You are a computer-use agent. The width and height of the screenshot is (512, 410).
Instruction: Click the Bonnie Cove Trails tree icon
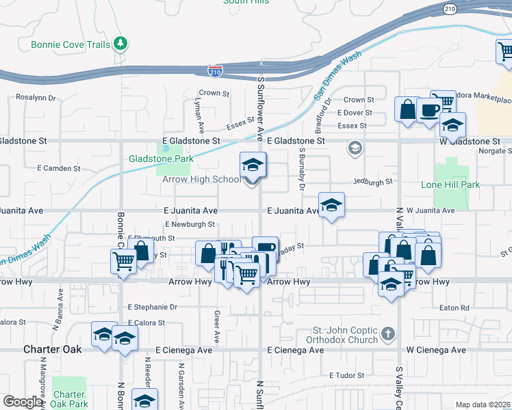[120, 44]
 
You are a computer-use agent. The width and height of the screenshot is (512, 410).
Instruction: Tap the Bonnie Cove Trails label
[70, 45]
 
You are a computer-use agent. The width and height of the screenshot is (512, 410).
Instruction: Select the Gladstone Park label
[162, 159]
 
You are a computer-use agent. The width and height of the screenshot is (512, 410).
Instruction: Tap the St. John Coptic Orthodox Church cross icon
[388, 334]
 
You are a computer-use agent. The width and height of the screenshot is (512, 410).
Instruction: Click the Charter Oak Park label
[69, 399]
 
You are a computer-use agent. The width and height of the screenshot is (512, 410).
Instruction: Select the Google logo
[23, 402]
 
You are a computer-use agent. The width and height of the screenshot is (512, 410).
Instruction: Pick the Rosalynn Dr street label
[36, 98]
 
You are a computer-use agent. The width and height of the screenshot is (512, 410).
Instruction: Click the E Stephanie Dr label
[152, 307]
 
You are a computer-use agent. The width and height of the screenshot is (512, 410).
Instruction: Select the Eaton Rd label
[455, 308]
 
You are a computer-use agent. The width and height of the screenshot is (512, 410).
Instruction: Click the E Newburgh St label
[190, 223]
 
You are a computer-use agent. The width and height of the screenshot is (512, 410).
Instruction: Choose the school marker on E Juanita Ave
[331, 205]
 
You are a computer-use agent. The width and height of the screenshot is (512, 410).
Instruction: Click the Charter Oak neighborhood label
[53, 349]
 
